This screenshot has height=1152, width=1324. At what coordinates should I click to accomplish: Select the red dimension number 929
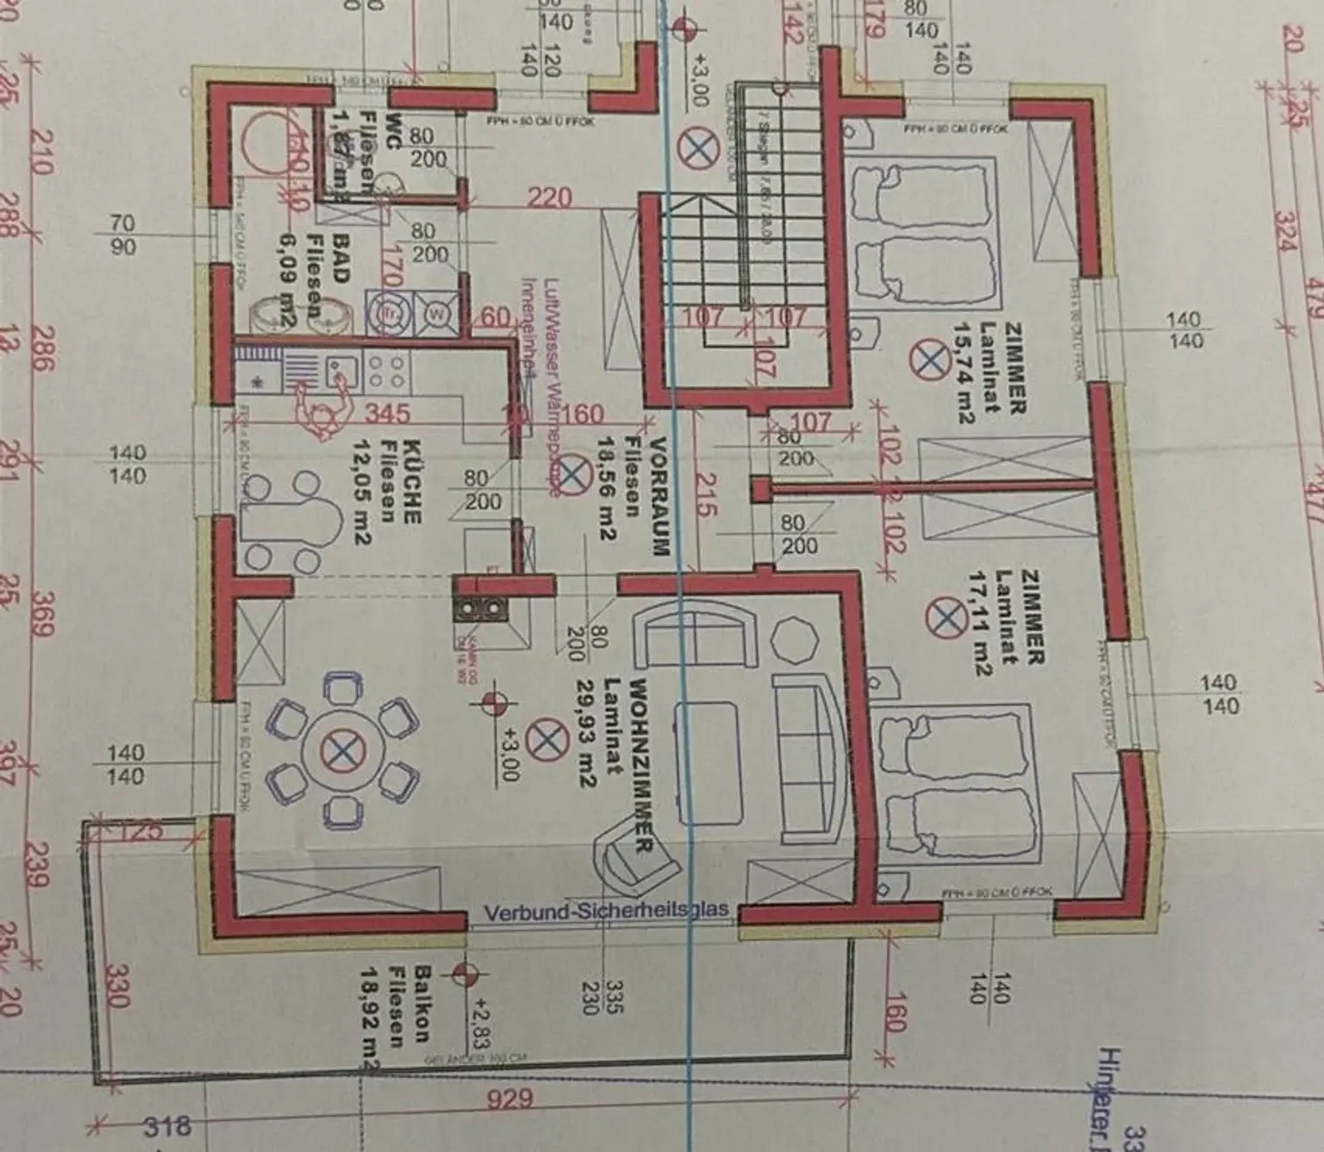(x=509, y=1099)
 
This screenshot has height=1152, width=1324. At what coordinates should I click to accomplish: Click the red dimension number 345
(x=387, y=414)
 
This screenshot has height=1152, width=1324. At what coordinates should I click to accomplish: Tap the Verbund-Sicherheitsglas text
(x=605, y=911)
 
